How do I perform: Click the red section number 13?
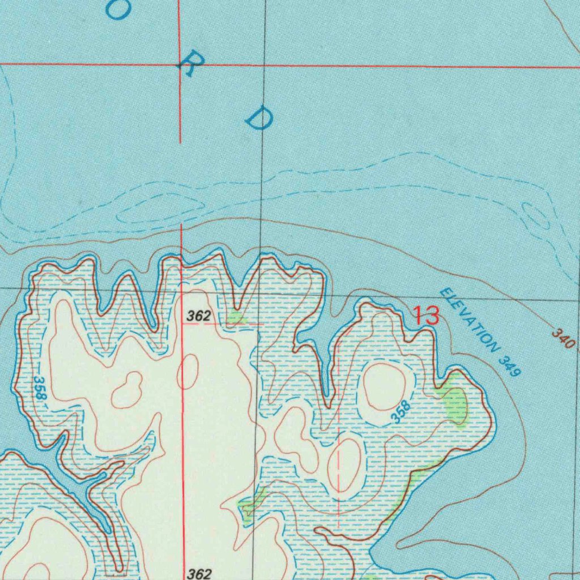point(426,315)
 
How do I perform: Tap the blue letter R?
point(188,67)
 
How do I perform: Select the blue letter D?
point(259,117)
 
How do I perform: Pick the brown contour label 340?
point(564,338)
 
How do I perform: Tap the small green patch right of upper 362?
point(237,317)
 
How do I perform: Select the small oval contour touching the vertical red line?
point(187,371)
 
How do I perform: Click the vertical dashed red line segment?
point(338,476)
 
